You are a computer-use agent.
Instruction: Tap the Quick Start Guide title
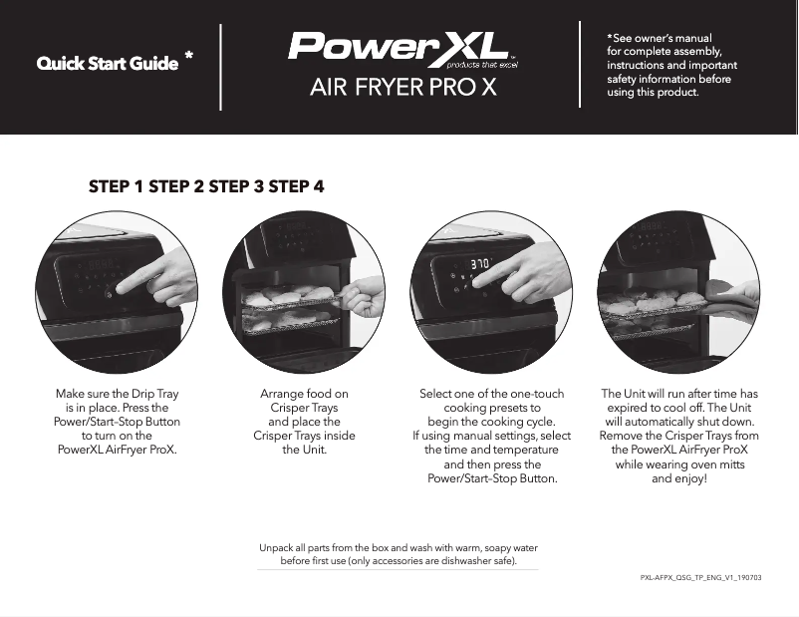tap(108, 65)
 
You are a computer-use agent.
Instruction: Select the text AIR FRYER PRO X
tap(402, 88)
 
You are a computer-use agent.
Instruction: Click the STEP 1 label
tap(117, 186)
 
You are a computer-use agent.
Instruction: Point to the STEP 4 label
tap(296, 186)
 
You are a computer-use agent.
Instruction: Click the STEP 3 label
tap(236, 186)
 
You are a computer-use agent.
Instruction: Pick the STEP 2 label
tap(176, 186)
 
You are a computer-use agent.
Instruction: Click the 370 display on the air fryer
tap(481, 266)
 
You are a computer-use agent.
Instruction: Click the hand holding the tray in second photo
tap(365, 296)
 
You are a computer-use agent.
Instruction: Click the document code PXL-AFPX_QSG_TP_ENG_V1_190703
tap(700, 577)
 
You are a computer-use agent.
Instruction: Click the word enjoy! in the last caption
tap(688, 478)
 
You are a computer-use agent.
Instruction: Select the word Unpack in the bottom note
tap(277, 548)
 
